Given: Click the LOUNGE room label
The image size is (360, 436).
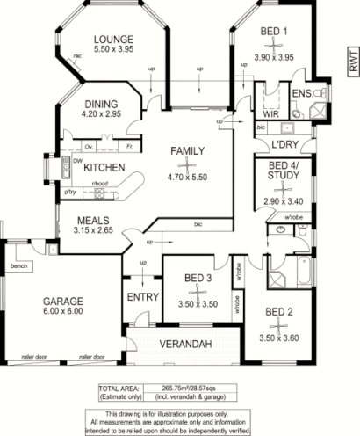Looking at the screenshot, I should pyautogui.click(x=116, y=40).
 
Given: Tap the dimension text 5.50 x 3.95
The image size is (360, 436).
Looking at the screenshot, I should pyautogui.click(x=116, y=53).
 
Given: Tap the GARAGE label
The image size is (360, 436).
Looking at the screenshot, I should pyautogui.click(x=63, y=300).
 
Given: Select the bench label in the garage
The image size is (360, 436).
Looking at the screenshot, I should pyautogui.click(x=18, y=265).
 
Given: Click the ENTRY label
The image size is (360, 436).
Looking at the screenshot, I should pyautogui.click(x=142, y=297).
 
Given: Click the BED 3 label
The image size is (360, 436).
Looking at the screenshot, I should pyautogui.click(x=198, y=279).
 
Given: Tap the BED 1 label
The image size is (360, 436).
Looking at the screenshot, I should pyautogui.click(x=274, y=32).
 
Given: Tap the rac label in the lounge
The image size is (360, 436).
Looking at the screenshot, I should pyautogui.click(x=77, y=55).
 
